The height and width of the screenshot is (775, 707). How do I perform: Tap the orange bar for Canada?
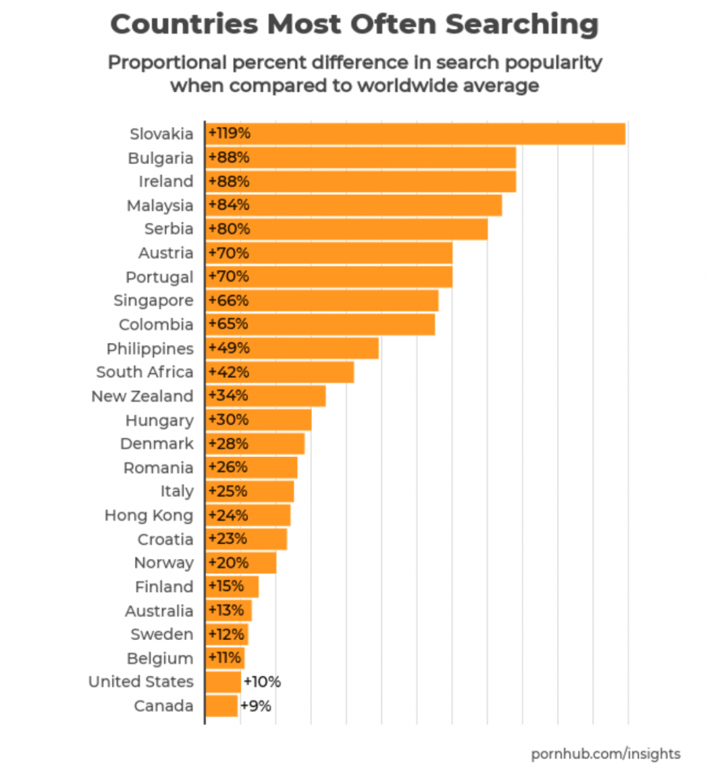point(222,706)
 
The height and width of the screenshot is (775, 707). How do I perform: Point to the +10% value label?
point(262,682)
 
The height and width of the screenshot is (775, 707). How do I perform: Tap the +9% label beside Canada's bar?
point(256,706)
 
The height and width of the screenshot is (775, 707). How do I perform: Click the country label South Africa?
point(145,372)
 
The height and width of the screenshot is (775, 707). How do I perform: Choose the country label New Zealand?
point(142,397)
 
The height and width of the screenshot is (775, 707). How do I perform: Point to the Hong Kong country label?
point(148,516)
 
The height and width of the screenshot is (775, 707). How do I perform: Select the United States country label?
point(141,682)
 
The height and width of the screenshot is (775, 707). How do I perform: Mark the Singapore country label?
point(153,301)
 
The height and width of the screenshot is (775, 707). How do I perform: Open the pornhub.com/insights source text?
point(606,754)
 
